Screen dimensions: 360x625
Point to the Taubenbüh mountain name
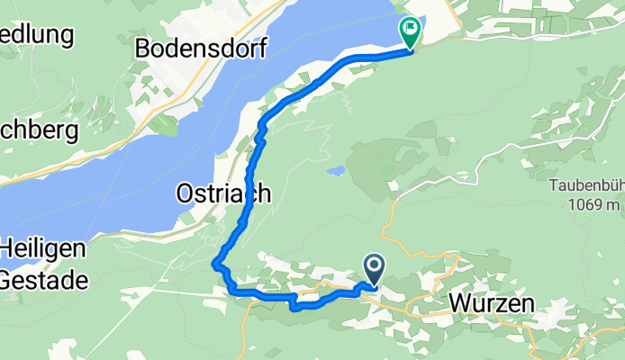[x=585, y=187]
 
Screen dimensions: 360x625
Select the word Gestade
[x=44, y=280]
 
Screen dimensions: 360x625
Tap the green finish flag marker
[x=412, y=31]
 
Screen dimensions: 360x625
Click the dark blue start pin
[x=374, y=267]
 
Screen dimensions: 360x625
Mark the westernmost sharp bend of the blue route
[x=214, y=263]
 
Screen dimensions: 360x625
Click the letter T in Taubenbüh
[x=551, y=187]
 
